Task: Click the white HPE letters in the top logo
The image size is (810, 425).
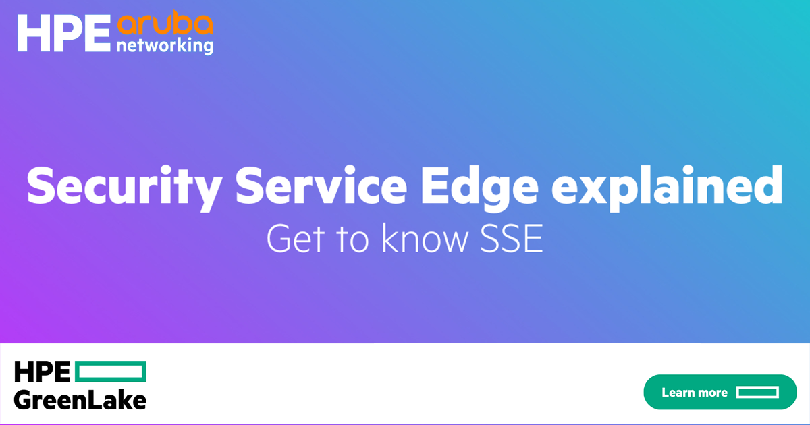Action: click(63, 33)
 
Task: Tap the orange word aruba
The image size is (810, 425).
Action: click(165, 22)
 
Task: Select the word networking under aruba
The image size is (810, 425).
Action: click(165, 47)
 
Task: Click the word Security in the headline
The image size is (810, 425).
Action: click(124, 188)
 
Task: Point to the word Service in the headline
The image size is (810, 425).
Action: click(321, 186)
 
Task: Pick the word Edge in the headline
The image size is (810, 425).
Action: click(480, 188)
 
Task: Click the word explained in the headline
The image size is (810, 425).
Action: click(667, 188)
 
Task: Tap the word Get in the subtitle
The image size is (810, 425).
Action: click(296, 238)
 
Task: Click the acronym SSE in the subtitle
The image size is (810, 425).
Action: click(512, 238)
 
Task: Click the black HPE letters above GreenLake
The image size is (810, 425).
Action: click(42, 371)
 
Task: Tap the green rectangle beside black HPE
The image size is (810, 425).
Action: click(111, 371)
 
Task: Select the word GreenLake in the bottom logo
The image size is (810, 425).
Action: click(80, 400)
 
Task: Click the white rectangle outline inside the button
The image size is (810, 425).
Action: click(757, 392)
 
